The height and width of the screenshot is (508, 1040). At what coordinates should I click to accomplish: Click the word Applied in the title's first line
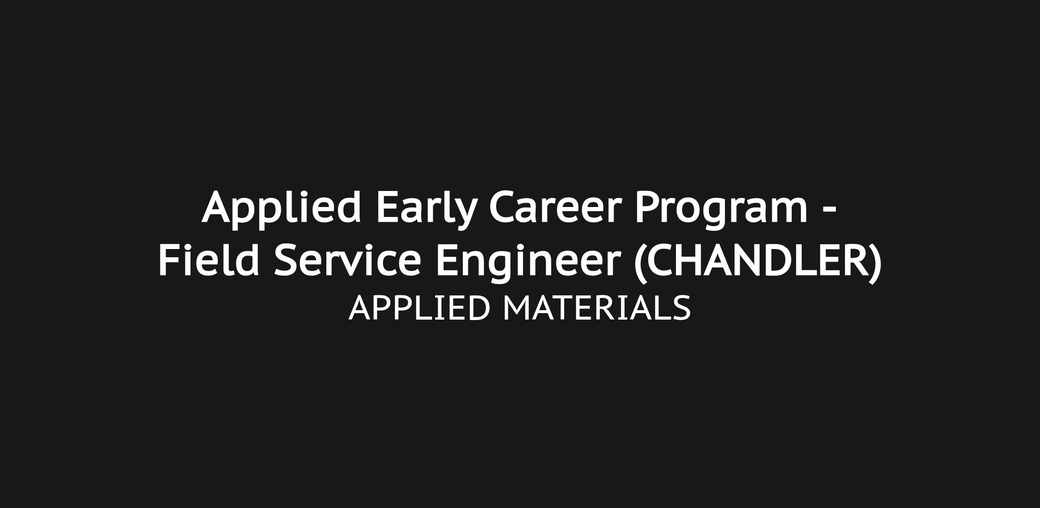click(281, 210)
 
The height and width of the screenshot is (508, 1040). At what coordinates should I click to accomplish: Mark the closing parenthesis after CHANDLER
click(875, 262)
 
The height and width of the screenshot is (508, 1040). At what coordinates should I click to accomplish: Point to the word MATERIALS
click(597, 308)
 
